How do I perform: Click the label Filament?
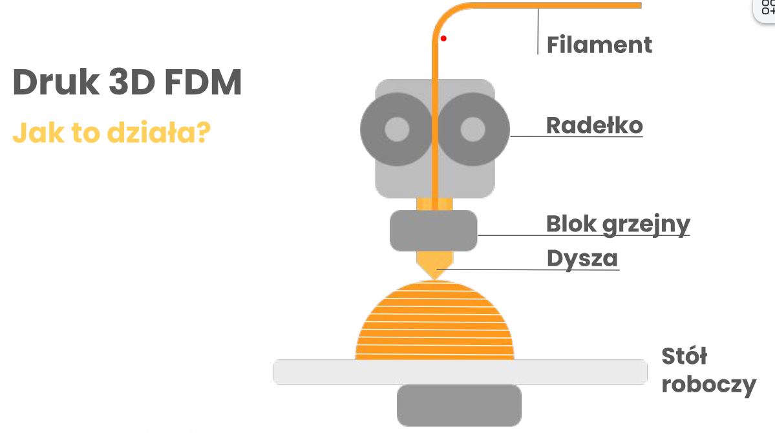(x=599, y=45)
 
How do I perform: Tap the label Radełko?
(x=594, y=125)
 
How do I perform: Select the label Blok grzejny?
(x=618, y=224)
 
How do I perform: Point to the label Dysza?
(x=582, y=258)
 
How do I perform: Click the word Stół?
(x=685, y=356)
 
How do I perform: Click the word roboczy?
(x=709, y=385)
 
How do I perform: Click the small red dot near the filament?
(x=443, y=39)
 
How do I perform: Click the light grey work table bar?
(x=459, y=372)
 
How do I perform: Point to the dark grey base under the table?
(x=458, y=405)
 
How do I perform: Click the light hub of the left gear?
(x=397, y=129)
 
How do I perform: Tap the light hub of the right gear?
(x=472, y=129)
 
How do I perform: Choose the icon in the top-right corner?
(x=766, y=8)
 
